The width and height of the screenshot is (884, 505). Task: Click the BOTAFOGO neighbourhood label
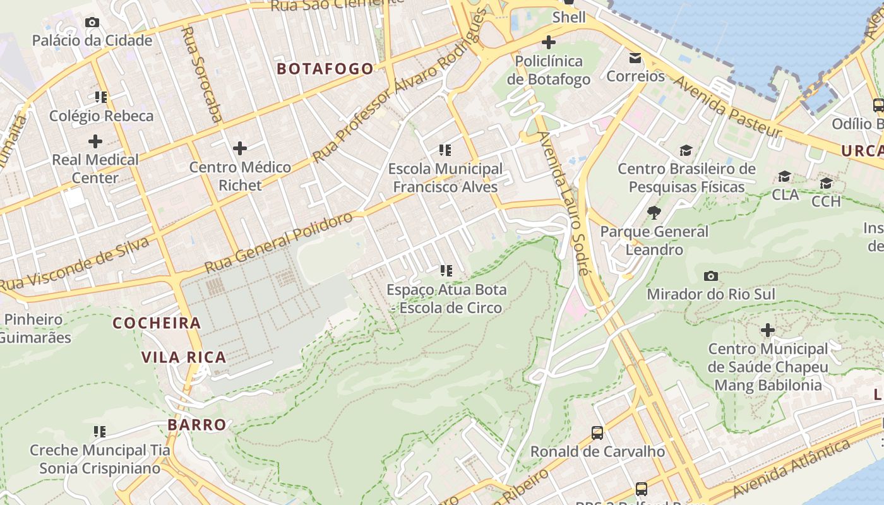[325, 69]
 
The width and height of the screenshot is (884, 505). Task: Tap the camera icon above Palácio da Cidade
[92, 23]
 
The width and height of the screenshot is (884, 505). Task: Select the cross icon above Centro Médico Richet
[239, 149]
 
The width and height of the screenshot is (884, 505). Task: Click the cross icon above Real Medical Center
[95, 141]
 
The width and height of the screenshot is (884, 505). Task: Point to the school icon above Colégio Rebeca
[101, 97]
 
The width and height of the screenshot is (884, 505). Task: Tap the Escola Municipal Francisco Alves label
[445, 178]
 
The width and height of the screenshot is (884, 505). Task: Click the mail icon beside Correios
[635, 58]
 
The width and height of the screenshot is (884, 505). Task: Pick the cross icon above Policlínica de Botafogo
[549, 43]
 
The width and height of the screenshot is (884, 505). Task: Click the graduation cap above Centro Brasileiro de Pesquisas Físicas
[686, 150]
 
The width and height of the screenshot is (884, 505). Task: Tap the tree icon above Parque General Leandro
[654, 213]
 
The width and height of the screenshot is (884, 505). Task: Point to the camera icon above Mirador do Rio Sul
[710, 276]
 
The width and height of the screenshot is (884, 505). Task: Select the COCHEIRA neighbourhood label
[157, 323]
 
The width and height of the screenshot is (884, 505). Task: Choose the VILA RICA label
[184, 357]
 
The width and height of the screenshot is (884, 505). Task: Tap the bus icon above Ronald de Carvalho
[597, 433]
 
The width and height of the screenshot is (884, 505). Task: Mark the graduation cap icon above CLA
[784, 176]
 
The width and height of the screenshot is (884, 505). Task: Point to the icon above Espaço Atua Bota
[446, 271]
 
